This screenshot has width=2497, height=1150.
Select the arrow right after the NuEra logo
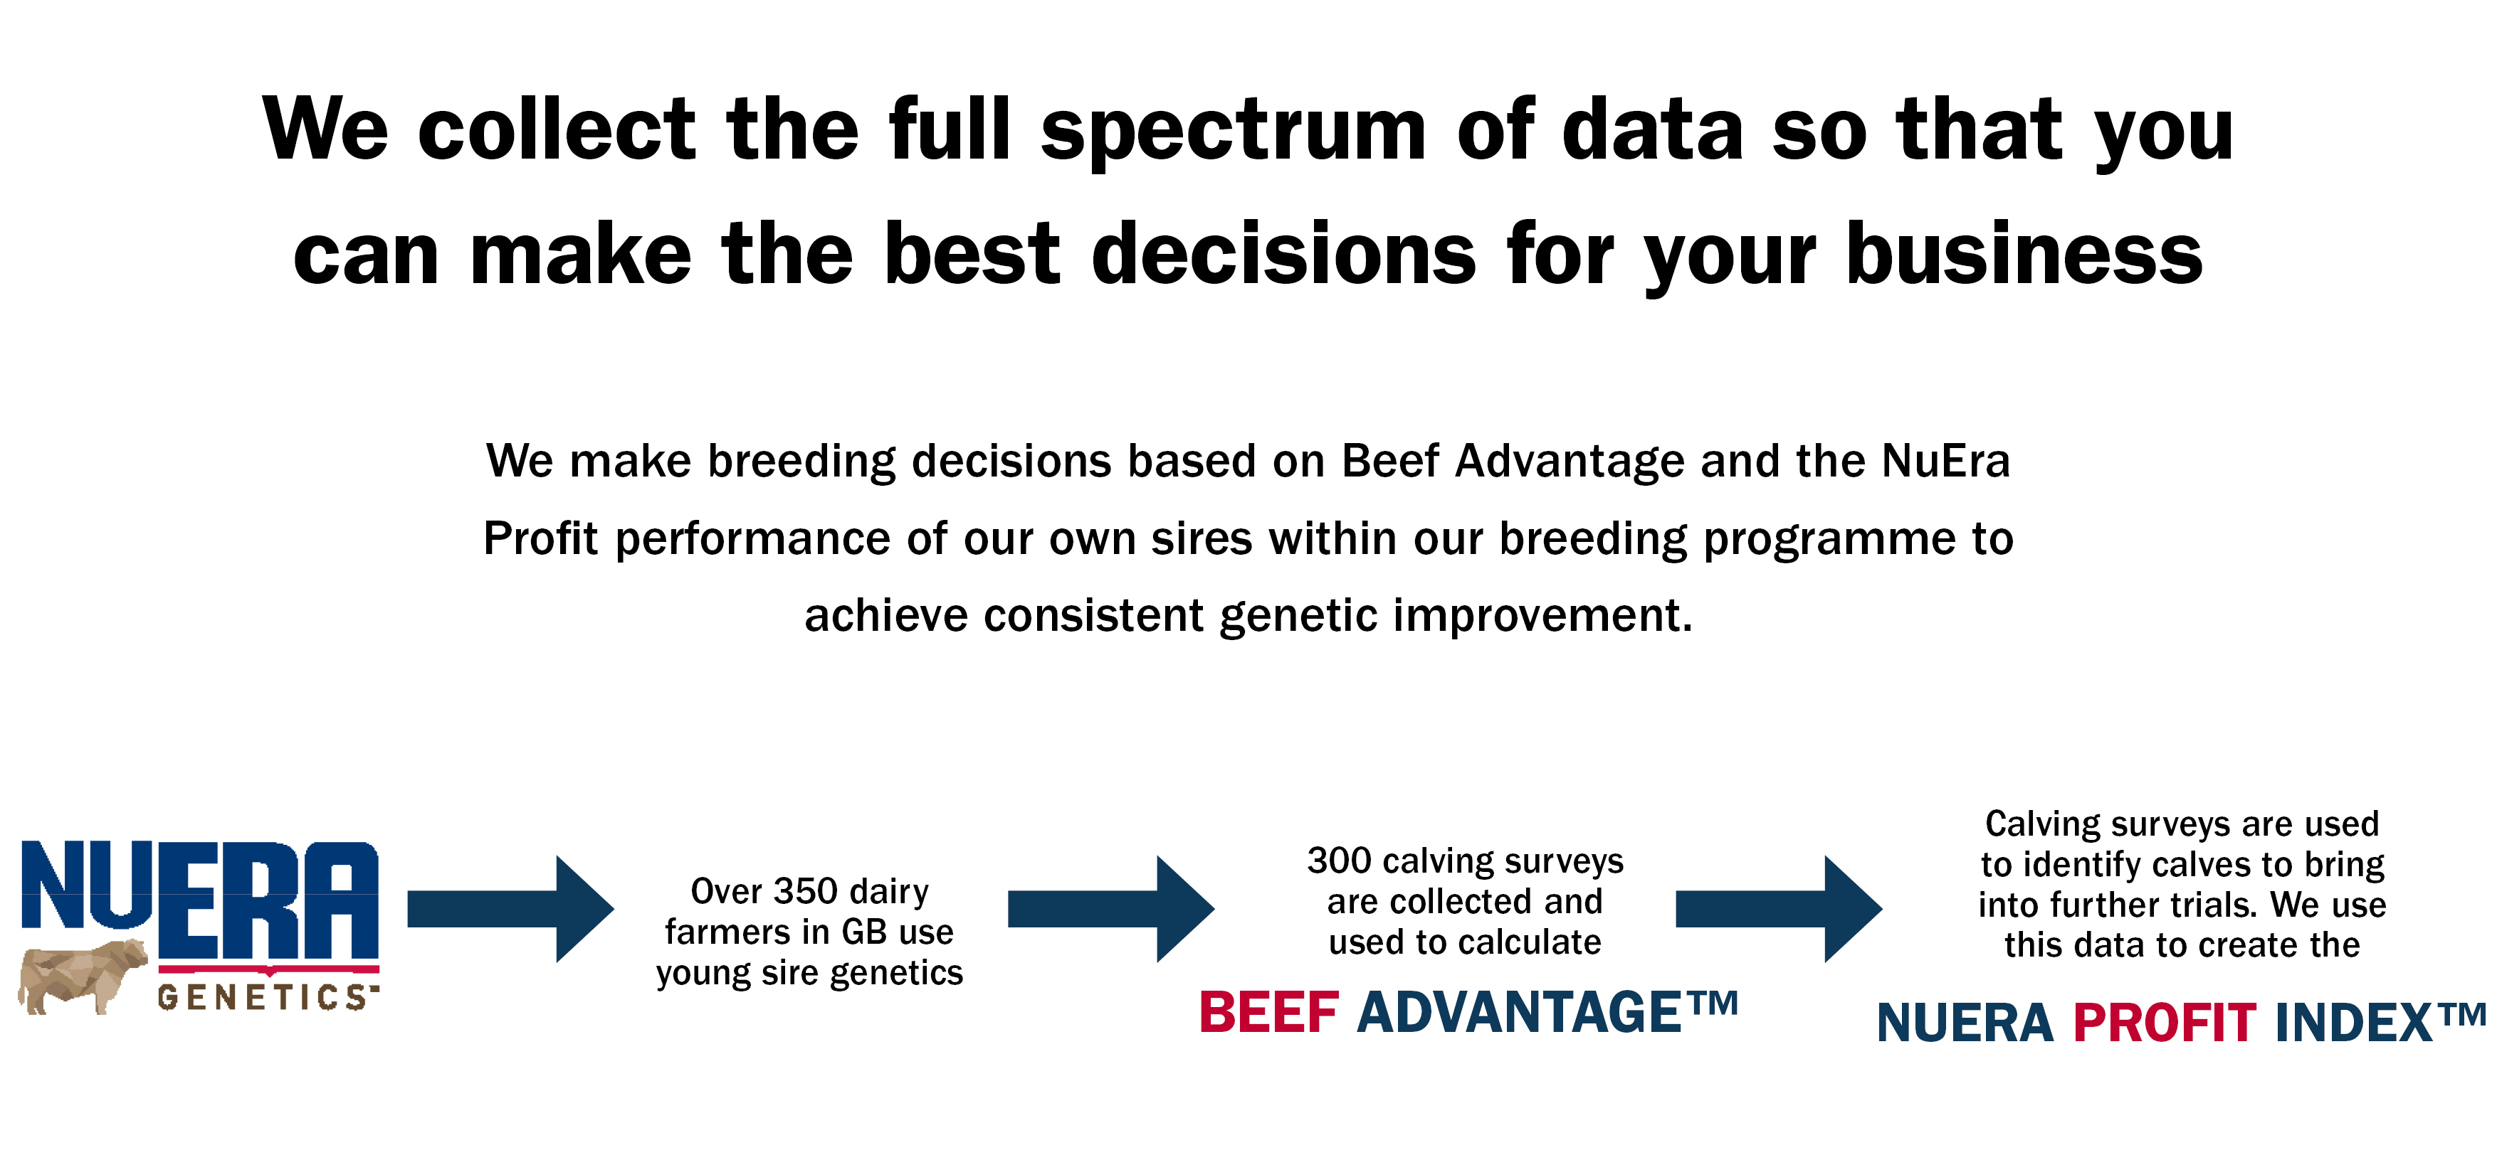point(511,909)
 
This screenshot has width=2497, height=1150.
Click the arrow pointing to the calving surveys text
point(1112,909)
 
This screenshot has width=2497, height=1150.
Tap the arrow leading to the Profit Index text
point(1780,909)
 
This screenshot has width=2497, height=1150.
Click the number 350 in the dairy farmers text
point(806,890)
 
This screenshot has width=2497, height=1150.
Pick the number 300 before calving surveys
point(1340,861)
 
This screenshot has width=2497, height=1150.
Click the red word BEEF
point(1269,1013)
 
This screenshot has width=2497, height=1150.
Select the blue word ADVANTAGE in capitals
point(1519,1013)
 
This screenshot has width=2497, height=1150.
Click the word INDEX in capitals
point(2353,1023)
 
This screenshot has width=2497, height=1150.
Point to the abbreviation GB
point(865,931)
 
